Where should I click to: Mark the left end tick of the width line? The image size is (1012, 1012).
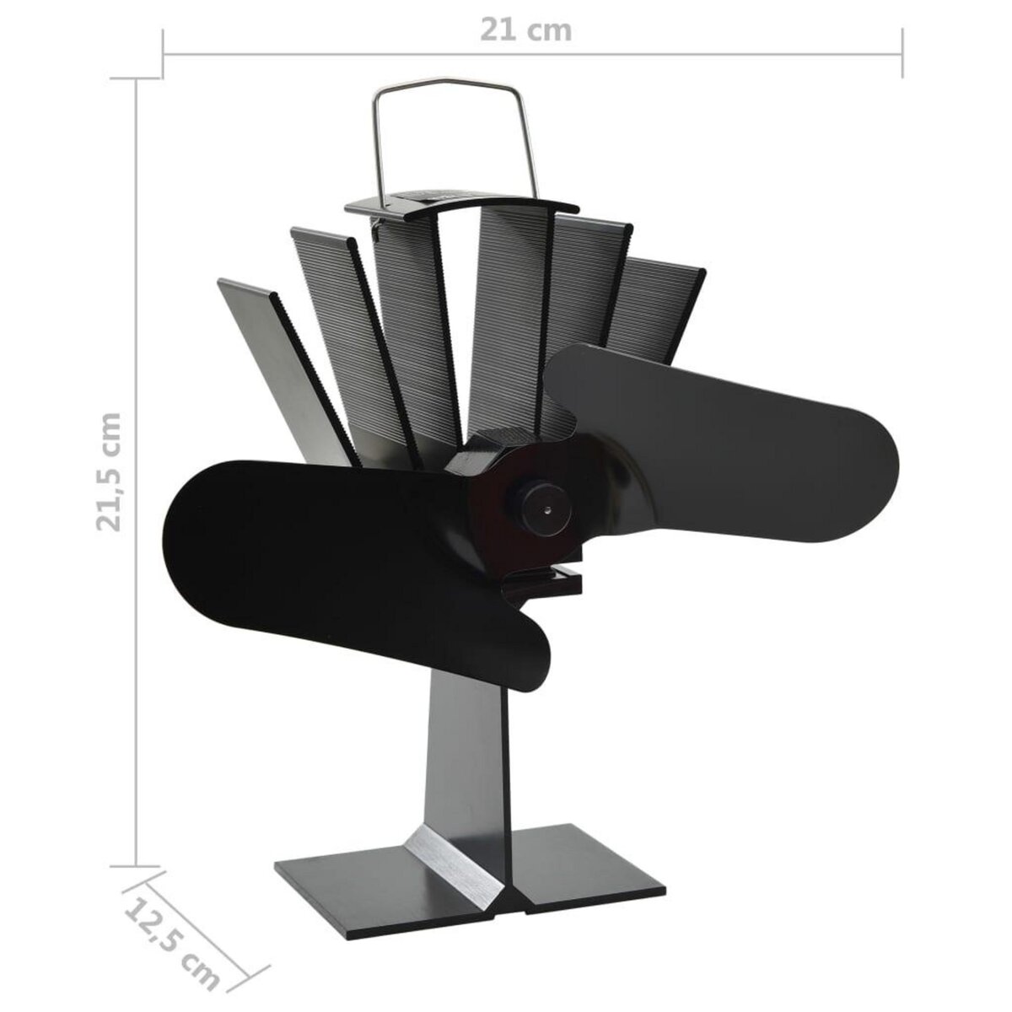[x=163, y=52]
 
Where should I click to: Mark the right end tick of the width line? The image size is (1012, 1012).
[x=902, y=52]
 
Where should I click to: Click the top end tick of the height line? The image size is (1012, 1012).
[x=137, y=78]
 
